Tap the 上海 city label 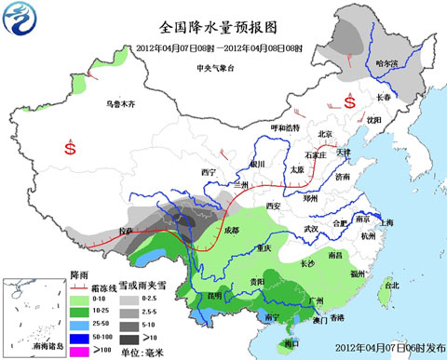[x=387, y=222]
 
